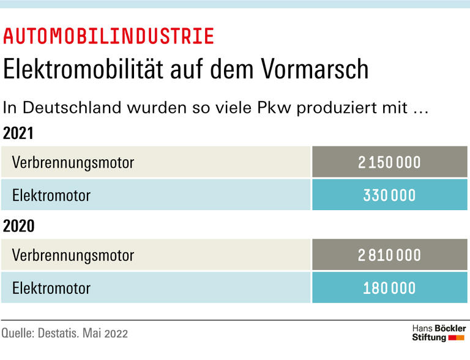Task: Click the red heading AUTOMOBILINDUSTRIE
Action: tap(109, 37)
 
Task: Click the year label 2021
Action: tap(18, 133)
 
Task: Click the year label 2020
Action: tap(18, 226)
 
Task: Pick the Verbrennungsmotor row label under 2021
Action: tap(73, 162)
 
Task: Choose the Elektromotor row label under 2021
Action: tap(51, 195)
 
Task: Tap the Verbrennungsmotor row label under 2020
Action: tap(73, 255)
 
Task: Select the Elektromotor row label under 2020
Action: tap(51, 288)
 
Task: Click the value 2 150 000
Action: tap(389, 162)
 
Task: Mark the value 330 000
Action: tap(389, 195)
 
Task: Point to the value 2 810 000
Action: tap(389, 255)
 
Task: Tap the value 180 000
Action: tap(389, 288)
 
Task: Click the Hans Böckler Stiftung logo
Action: tap(438, 333)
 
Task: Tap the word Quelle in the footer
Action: tap(18, 334)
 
